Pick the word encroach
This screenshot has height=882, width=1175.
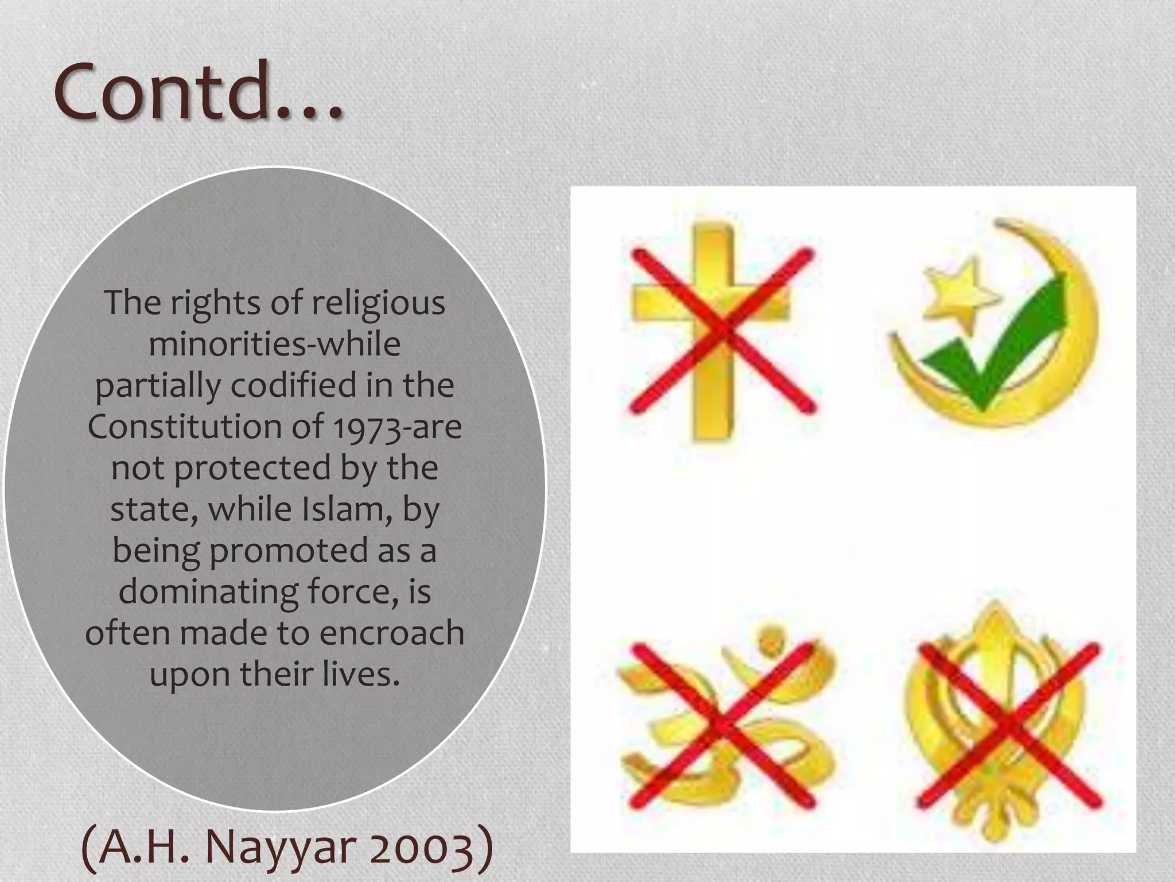click(x=391, y=633)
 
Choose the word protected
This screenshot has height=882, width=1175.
click(x=253, y=468)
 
